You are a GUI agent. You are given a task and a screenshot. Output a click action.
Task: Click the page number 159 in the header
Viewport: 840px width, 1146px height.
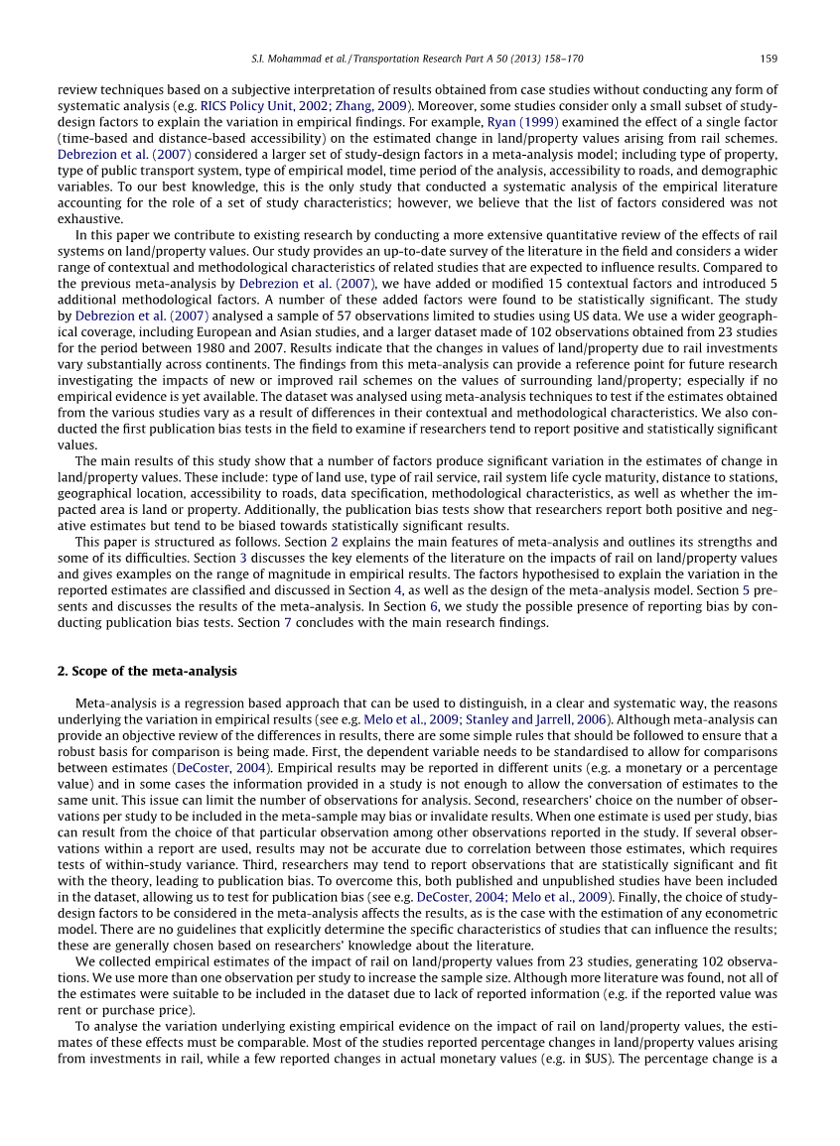(770, 58)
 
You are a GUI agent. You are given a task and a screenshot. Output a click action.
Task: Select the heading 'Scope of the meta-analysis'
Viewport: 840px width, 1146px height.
(148, 672)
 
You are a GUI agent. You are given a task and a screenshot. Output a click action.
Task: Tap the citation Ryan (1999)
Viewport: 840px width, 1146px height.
(513, 122)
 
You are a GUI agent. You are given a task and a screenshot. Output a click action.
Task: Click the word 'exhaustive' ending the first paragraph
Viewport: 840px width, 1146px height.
(89, 218)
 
